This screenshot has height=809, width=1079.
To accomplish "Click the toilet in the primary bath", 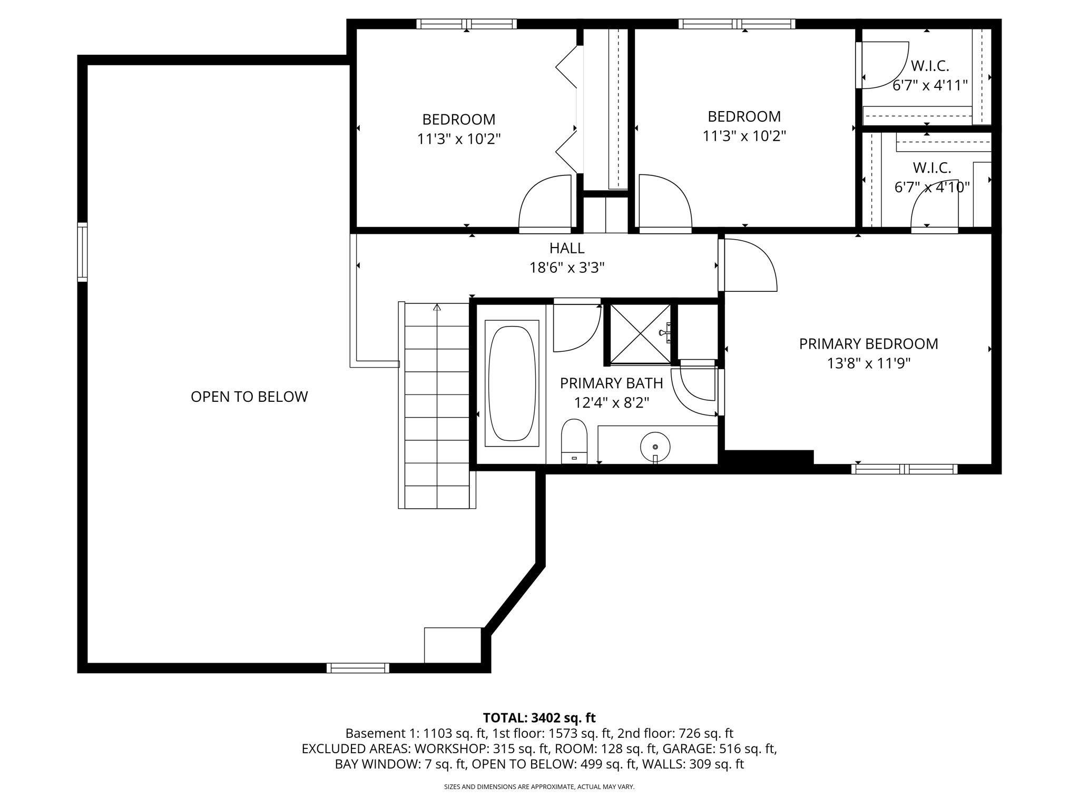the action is tap(574, 441).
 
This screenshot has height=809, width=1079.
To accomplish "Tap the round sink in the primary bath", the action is tap(655, 447).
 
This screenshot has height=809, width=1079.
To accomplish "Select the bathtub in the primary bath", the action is tap(512, 383).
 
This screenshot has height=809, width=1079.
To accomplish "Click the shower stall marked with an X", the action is tap(640, 333).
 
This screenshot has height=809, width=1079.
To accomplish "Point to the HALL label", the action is tap(567, 248).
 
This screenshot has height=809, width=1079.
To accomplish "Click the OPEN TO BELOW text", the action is tap(249, 397).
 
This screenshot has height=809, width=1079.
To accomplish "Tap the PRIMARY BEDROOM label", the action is tap(869, 344).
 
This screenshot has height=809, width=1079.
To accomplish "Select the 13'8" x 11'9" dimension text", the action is tap(869, 363).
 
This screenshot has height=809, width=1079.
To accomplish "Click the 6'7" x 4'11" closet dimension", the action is tap(930, 85).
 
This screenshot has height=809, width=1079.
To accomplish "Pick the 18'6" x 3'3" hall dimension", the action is tap(567, 268).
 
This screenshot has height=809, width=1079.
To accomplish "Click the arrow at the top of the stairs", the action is tap(437, 308).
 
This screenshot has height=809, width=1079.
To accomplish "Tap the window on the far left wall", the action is tap(82, 252).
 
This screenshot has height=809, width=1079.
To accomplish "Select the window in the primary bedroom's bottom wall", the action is tap(904, 469).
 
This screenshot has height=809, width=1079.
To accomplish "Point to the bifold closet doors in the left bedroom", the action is tap(568, 109).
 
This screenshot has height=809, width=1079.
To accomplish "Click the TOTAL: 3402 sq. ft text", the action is tap(539, 718).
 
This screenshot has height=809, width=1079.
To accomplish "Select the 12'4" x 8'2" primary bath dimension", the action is tap(612, 403).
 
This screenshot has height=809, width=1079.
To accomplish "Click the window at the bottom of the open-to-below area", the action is tap(358, 668).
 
